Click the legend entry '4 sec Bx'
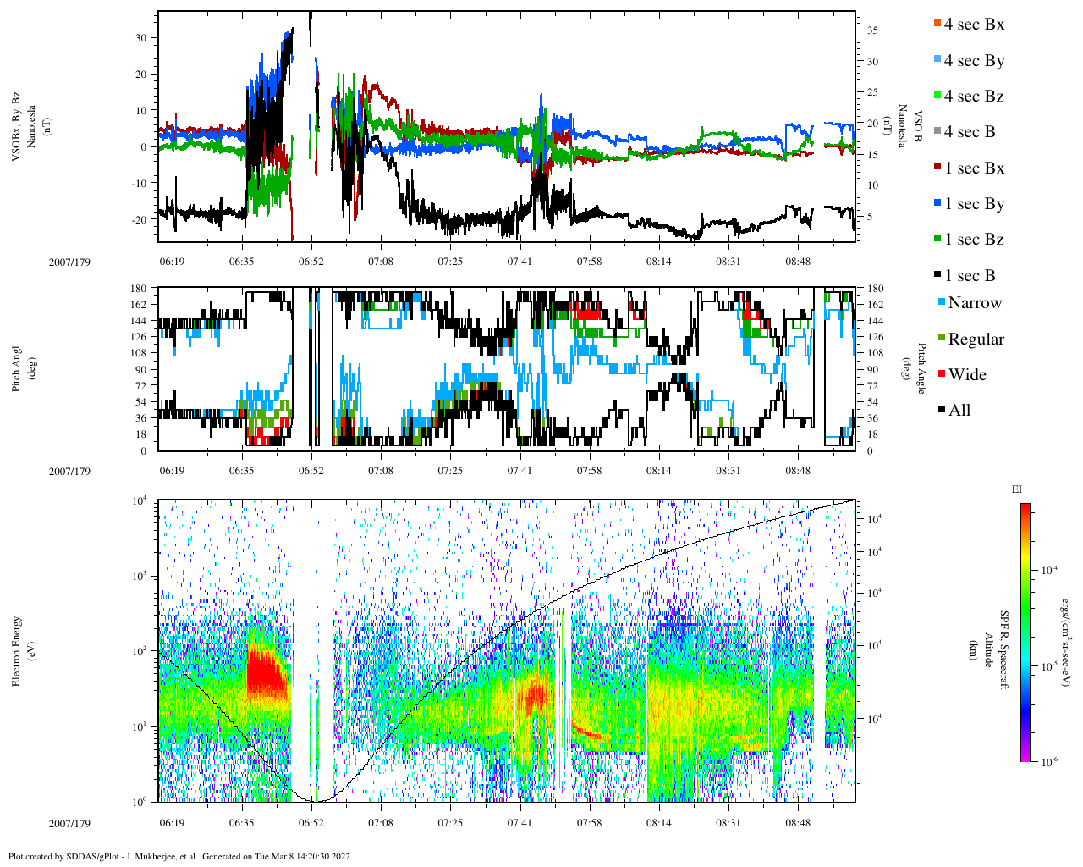click(974, 25)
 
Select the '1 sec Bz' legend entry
click(974, 240)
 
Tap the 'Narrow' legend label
click(975, 303)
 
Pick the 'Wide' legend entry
click(967, 375)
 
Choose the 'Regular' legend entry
click(976, 340)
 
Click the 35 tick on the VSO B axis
click(872, 30)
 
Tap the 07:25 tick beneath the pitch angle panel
click(450, 471)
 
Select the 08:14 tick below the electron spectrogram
click(659, 823)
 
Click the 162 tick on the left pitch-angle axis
click(140, 305)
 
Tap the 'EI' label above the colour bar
click(1017, 489)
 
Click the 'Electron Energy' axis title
click(16, 650)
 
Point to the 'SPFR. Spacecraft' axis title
click(1004, 650)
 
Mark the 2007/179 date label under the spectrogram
click(69, 823)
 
